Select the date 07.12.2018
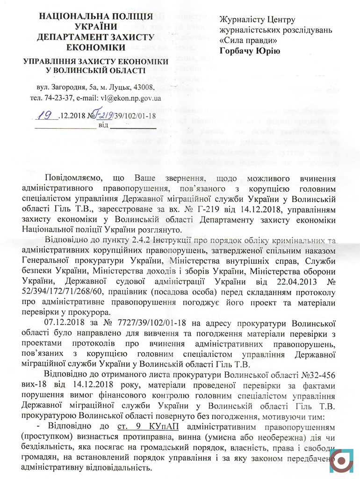point(64,323)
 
